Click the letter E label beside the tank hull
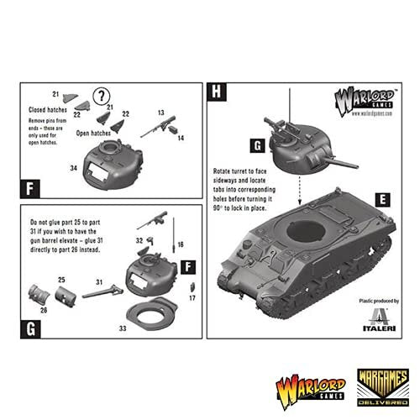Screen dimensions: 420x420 [x=381, y=200]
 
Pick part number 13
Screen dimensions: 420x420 [x=160, y=111]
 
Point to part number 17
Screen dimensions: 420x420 [x=192, y=297]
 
